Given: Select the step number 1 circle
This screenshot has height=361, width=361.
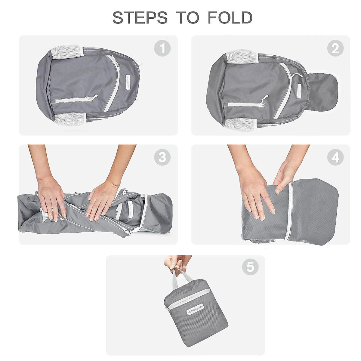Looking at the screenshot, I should (162, 49).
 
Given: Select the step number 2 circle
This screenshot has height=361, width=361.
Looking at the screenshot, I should (335, 49).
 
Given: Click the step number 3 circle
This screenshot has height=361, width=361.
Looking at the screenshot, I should (162, 157).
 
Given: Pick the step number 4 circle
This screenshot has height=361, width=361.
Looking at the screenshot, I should (335, 157).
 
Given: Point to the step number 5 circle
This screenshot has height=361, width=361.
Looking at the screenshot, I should (250, 267).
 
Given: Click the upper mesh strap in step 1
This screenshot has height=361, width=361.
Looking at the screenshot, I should (66, 52).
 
